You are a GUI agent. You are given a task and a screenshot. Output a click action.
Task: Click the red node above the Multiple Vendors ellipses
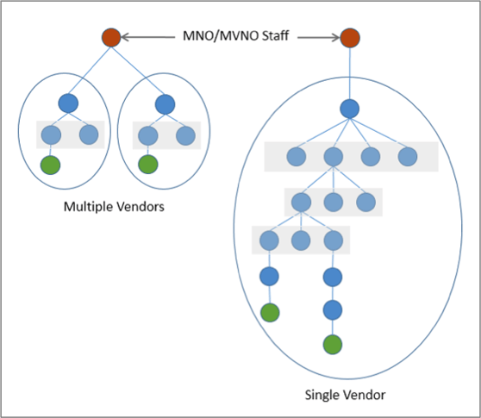pos(110,38)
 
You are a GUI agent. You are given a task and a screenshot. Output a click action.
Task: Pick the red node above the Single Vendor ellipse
pos(349,38)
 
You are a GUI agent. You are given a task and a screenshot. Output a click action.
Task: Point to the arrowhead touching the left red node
pos(127,38)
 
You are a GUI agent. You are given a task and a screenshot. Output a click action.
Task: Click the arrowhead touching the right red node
pos(334,38)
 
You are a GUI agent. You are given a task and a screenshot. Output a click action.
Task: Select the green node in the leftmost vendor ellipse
pos(52,165)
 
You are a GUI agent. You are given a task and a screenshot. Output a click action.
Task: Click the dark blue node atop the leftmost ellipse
pos(69,104)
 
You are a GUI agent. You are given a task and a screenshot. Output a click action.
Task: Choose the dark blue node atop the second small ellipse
pos(165,104)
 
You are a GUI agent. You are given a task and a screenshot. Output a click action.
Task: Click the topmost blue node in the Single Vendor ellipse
pos(349,109)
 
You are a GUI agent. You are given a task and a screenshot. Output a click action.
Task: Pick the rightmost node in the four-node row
pos(407,157)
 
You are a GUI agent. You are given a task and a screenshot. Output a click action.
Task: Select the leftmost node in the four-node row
pos(296,157)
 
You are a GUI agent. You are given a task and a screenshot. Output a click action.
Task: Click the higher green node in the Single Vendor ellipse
pos(271,312)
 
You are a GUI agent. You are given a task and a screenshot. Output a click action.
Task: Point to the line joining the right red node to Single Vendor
pos(349,73)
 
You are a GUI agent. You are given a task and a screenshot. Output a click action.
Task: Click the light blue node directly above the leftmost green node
pos(52,135)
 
